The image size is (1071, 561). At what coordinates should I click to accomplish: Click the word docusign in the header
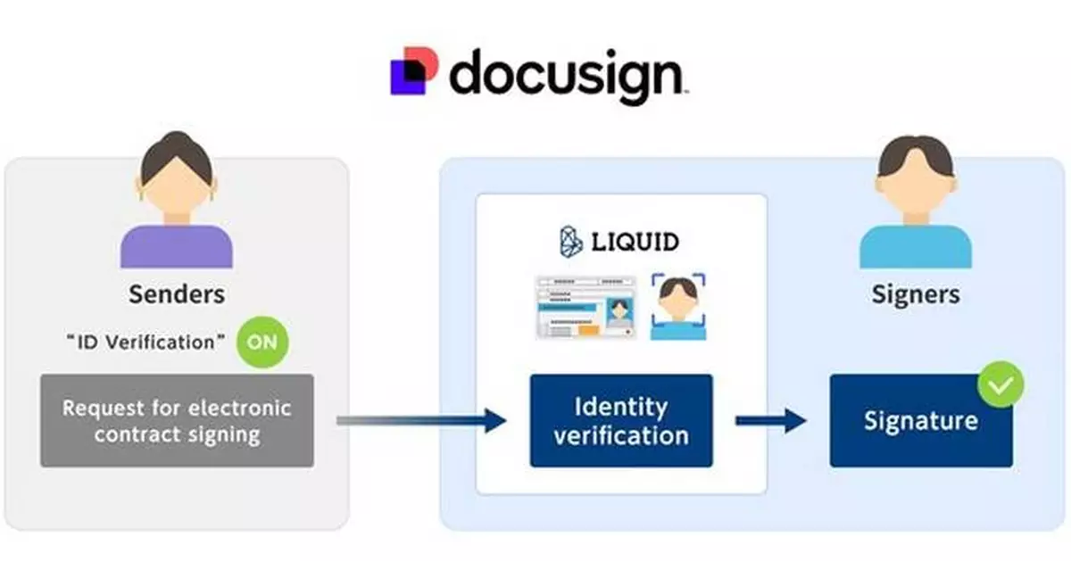[566, 76]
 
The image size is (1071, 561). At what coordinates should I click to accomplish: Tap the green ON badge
[263, 341]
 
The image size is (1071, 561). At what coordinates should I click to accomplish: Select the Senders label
[177, 294]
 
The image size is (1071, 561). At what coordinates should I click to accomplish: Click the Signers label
[916, 294]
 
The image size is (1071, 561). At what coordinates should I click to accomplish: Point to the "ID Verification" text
[145, 342]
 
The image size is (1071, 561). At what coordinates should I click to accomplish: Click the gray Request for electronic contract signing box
[177, 421]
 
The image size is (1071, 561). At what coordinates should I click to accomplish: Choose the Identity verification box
[621, 421]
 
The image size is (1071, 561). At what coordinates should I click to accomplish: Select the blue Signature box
[921, 421]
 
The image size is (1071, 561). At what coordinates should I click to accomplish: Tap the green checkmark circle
[1000, 384]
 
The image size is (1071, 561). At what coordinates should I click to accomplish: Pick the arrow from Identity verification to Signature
[770, 421]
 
